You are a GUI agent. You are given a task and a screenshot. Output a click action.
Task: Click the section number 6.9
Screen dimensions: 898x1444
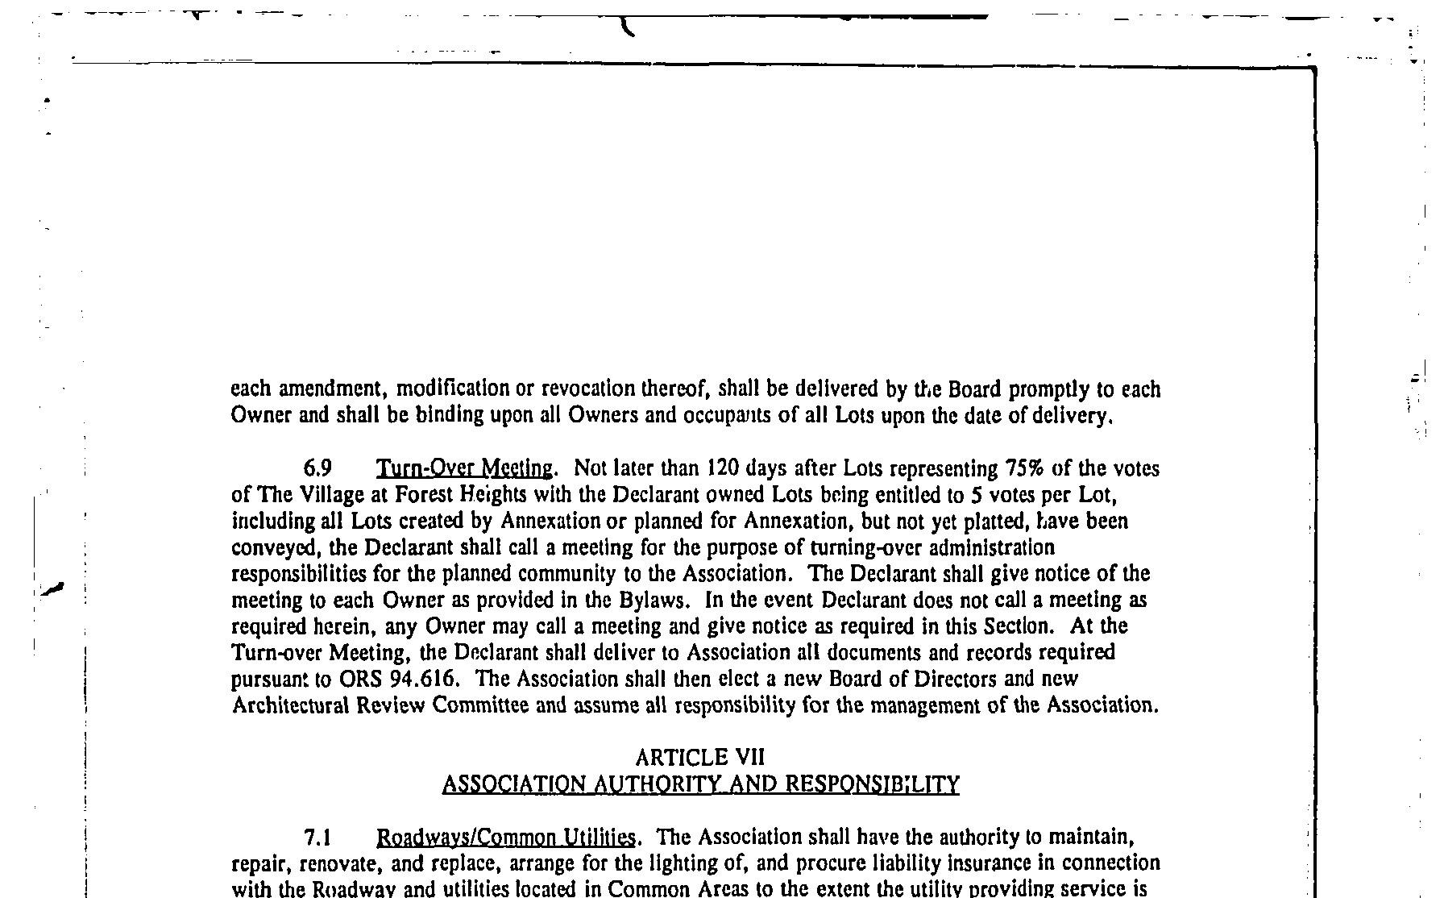coord(317,468)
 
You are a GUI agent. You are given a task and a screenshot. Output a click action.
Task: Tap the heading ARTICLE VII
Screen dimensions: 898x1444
coord(699,757)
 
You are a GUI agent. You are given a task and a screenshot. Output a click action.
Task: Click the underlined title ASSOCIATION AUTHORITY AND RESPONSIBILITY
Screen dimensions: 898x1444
coord(700,784)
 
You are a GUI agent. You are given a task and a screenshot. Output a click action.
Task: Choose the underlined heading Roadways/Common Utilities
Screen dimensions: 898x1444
coord(507,838)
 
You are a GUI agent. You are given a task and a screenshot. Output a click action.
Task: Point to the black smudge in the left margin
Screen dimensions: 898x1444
coord(52,588)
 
